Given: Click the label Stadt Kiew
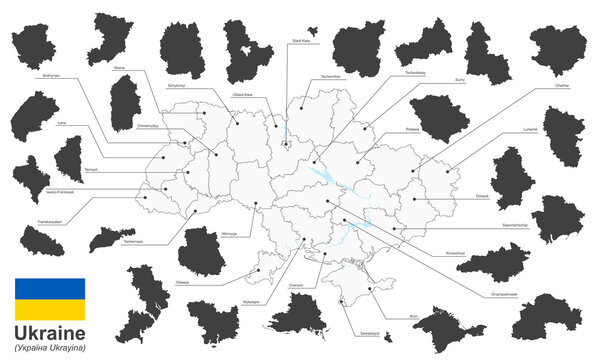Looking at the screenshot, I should [301, 42].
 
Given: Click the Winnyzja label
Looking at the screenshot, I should [228, 230].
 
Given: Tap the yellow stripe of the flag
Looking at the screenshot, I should [49, 311].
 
